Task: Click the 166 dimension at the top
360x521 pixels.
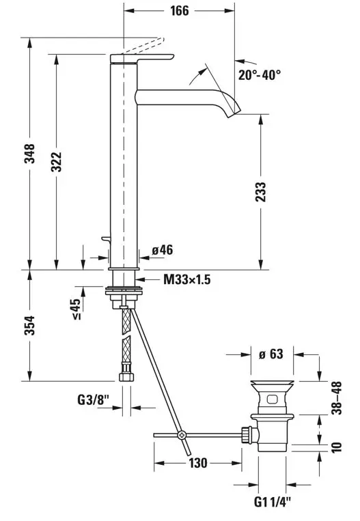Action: coord(179,11)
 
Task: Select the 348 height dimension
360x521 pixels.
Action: coord(29,154)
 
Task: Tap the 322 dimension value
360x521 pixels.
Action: coord(56,162)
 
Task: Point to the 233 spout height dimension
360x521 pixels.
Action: coord(261,192)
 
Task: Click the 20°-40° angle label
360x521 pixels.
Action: coord(260,74)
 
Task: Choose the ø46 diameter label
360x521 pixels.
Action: coord(163,250)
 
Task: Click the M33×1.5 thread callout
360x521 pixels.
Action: coord(186,279)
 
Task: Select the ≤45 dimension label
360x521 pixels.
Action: coord(76,309)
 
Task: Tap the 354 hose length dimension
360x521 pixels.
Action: coord(29,325)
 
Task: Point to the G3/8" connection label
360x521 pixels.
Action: coord(94,399)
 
